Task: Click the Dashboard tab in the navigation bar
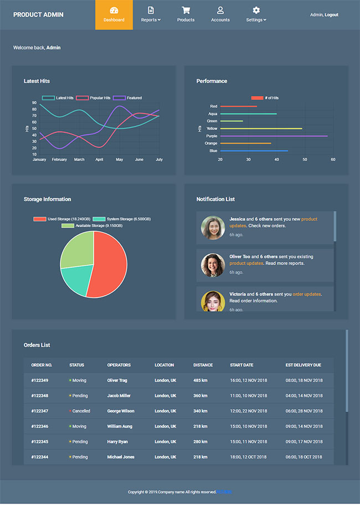pos(114,15)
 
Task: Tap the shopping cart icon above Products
pos(186,11)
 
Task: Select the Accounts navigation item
pos(220,15)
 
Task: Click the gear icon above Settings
pos(256,11)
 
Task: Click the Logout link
pos(332,15)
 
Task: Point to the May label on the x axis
pos(119,159)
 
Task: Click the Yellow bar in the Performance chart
pos(261,128)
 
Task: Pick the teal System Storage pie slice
pos(75,280)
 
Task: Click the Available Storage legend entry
pos(92,226)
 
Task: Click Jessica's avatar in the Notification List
pos(213,228)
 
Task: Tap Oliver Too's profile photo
pos(213,265)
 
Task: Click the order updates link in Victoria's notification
pos(306,294)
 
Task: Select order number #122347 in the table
pos(40,411)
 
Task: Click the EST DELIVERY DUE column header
pos(303,365)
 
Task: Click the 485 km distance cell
pos(200,380)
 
